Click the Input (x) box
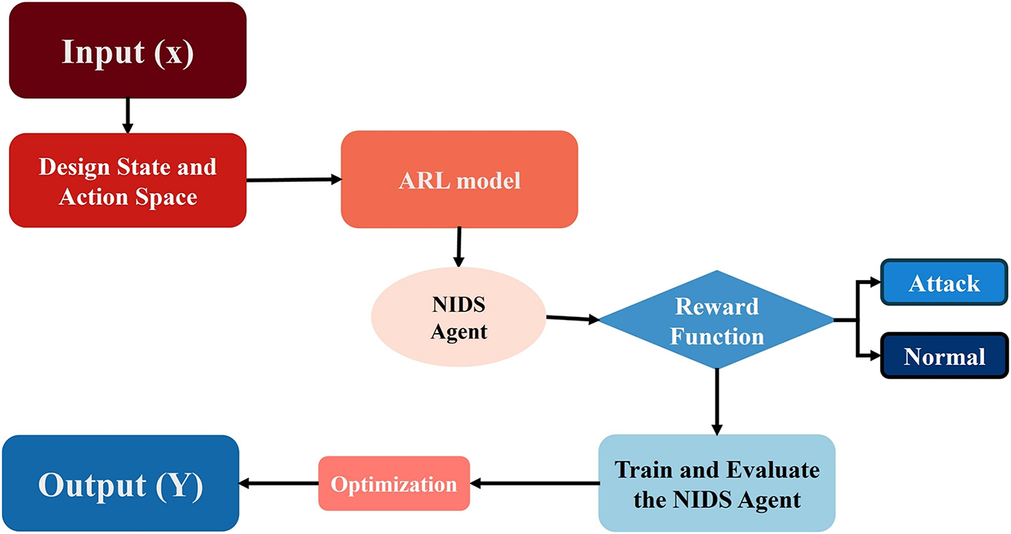pos(128,50)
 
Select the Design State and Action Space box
pos(128,180)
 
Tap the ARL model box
pos(460,179)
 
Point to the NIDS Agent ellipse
pos(459,317)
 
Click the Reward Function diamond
pos(717,319)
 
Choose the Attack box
pos(944,282)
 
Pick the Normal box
pos(944,356)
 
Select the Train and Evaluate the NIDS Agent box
pos(717,483)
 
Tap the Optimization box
pos(394,483)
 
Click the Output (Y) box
pos(121,483)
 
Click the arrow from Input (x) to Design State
pos(128,115)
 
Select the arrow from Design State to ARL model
pos(294,179)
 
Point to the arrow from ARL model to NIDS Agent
pos(459,247)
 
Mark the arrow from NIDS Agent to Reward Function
pos(572,318)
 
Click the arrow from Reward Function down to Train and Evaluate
pos(717,402)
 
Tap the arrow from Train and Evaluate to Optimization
pos(535,483)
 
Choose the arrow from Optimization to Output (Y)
pos(279,483)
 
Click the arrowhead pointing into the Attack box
pos(876,282)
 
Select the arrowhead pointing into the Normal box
pos(876,356)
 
